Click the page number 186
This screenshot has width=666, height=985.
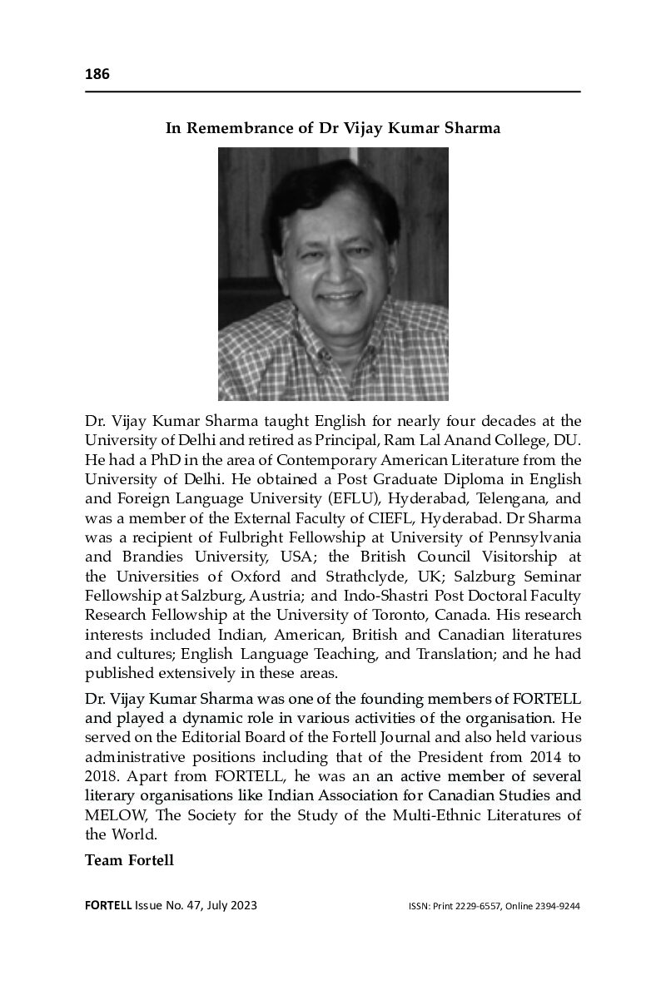(97, 75)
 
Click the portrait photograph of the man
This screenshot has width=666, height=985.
(333, 274)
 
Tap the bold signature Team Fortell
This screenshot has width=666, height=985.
(129, 859)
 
